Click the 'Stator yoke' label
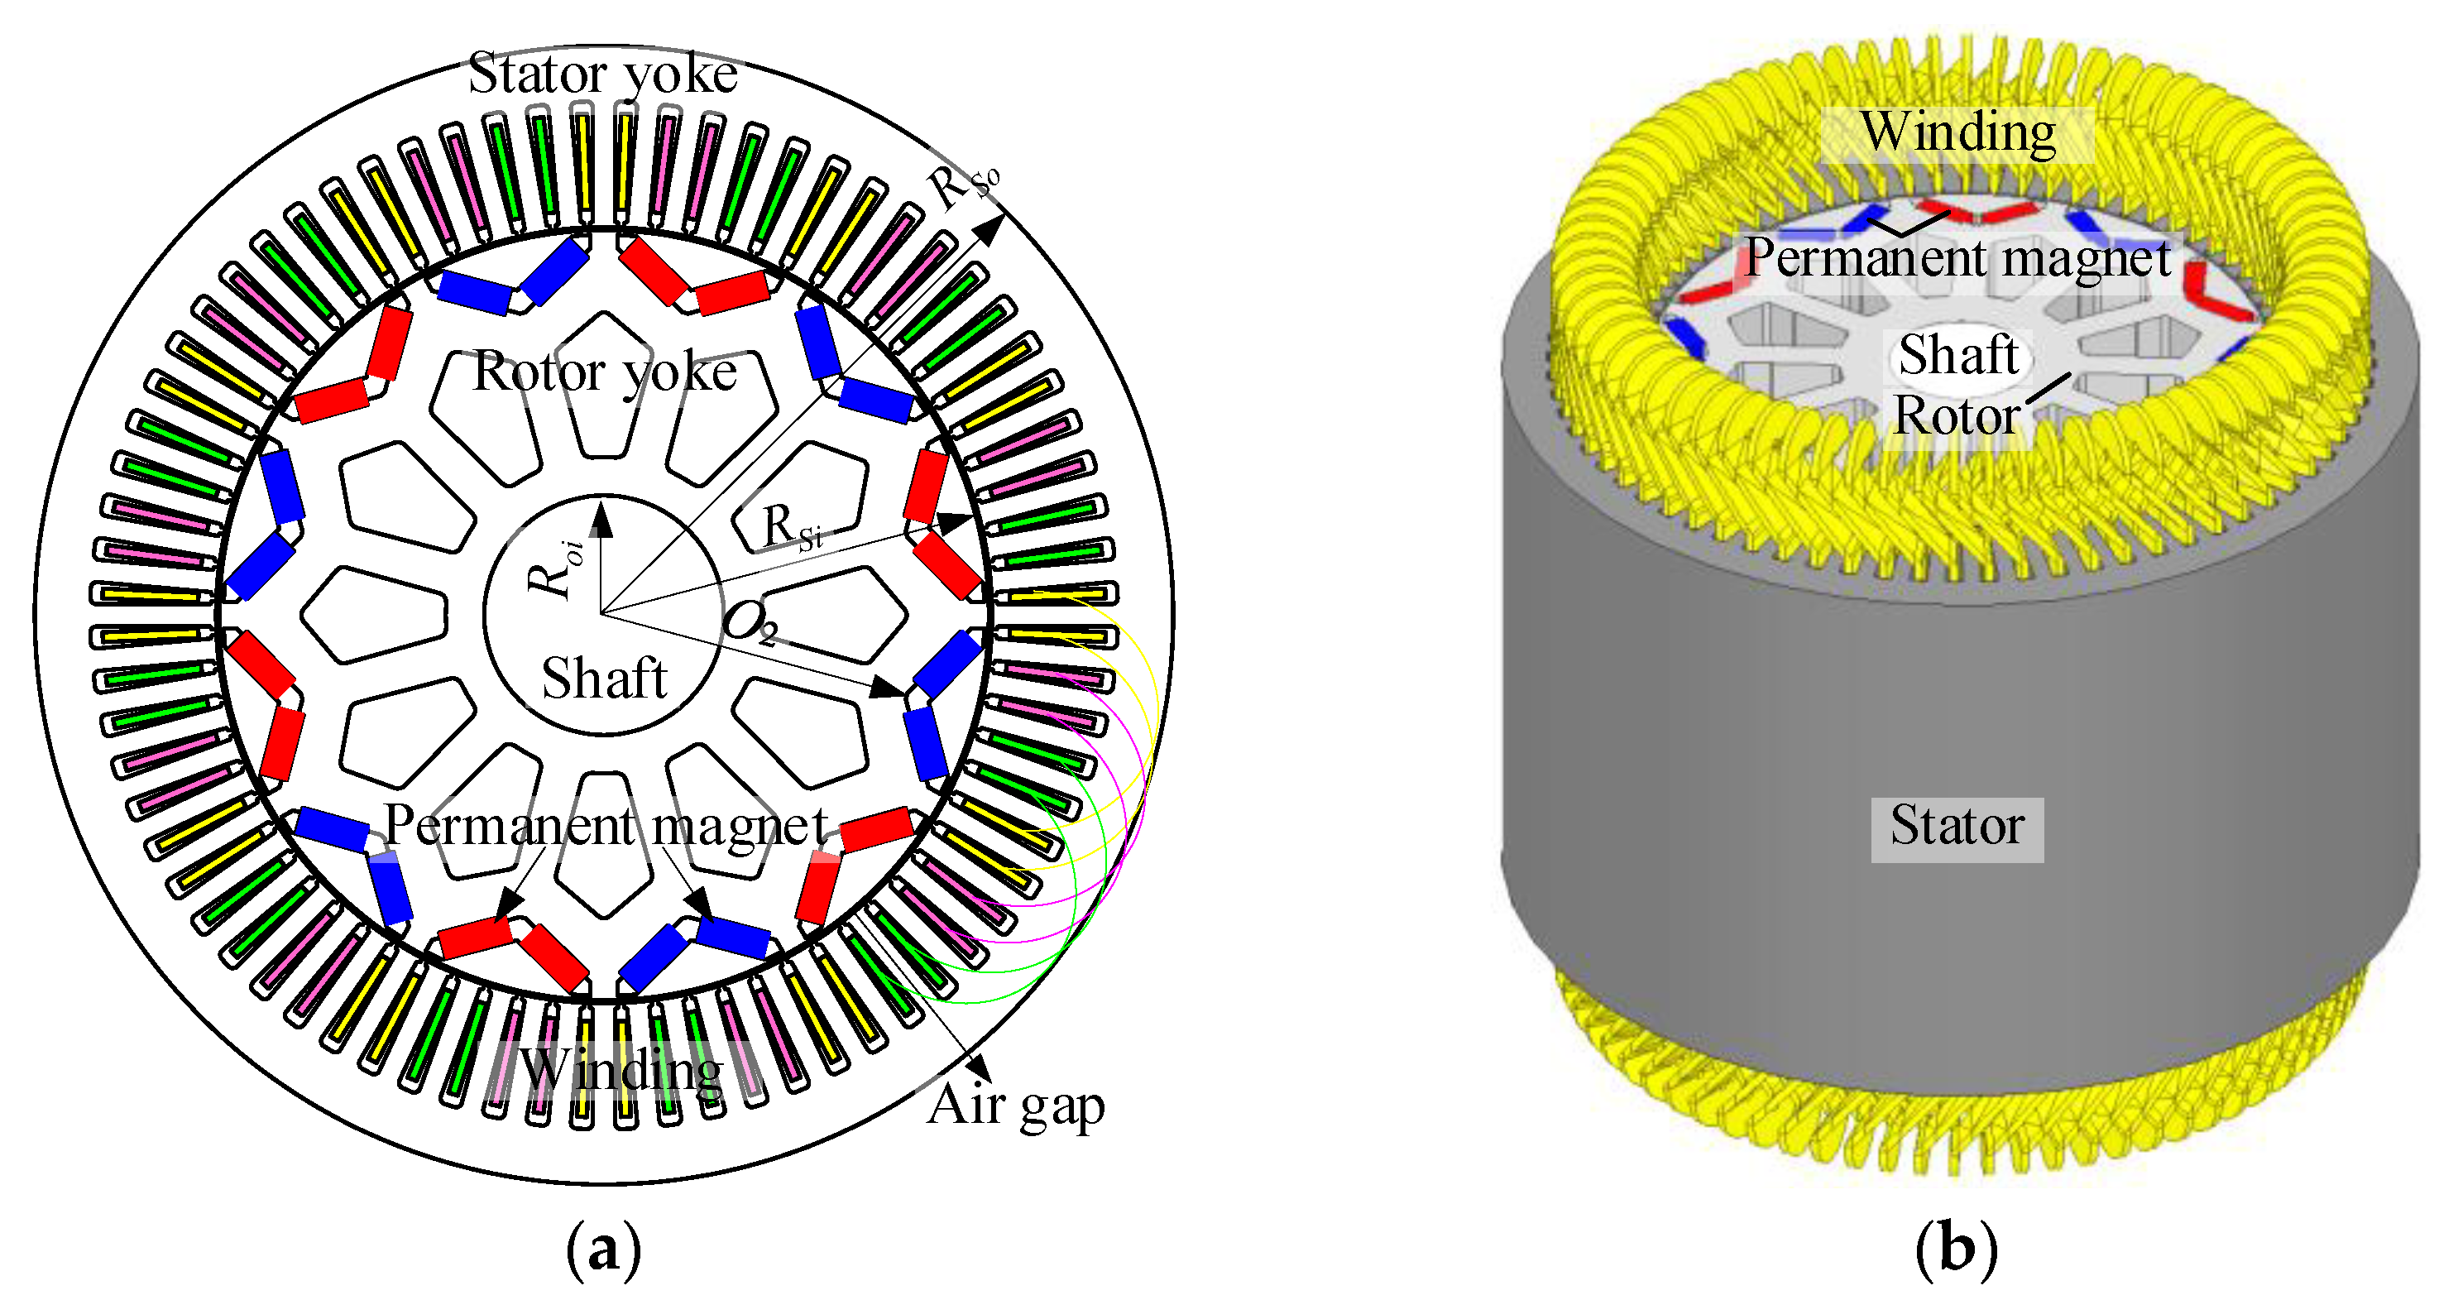(x=602, y=74)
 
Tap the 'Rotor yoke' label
(x=605, y=372)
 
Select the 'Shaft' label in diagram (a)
(x=604, y=679)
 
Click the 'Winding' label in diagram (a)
(x=621, y=1069)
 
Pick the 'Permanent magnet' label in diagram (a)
(x=605, y=825)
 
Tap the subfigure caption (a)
(x=603, y=1248)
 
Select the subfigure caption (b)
(x=1956, y=1248)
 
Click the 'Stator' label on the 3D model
(x=1956, y=826)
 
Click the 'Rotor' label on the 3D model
(x=1956, y=416)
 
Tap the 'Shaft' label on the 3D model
(x=1958, y=355)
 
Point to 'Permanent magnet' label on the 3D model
(x=1958, y=257)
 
